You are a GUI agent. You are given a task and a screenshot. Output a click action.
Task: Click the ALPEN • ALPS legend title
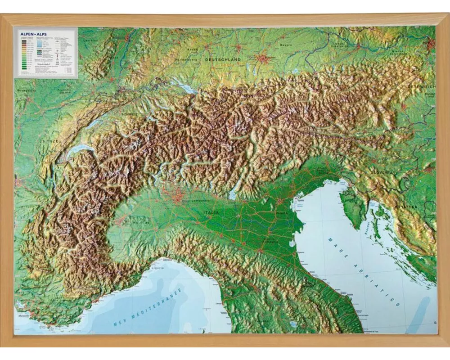[27, 32]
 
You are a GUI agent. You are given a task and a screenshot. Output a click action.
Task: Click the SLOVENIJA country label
[382, 172]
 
